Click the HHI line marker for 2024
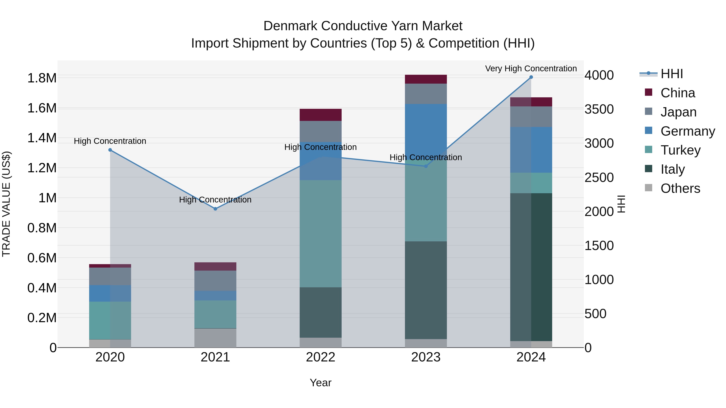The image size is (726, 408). coord(531,77)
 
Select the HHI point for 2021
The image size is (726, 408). coord(215,209)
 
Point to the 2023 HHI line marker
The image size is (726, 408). coord(426,166)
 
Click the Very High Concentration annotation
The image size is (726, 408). coord(531,69)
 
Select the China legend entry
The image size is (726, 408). coord(678,93)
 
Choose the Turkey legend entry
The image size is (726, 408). coord(680,150)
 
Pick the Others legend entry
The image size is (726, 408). coord(680,188)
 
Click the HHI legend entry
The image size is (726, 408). coord(671,74)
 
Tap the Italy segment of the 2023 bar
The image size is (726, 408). coord(426,290)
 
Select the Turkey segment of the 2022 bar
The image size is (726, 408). coord(320,234)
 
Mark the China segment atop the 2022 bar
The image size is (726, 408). coord(320,115)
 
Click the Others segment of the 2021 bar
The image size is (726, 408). coord(215,338)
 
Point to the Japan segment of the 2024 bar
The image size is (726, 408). coord(531,117)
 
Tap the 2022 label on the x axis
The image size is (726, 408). coord(320,357)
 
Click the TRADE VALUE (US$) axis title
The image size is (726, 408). coord(6,204)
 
